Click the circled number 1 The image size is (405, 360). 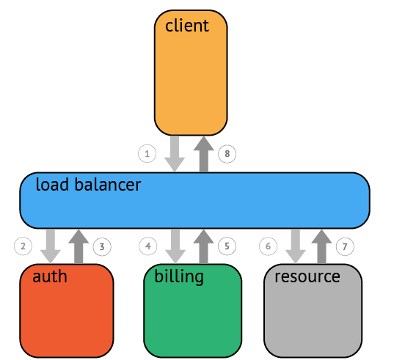tap(147, 154)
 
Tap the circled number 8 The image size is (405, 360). tap(227, 154)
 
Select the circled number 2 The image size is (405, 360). tap(23, 246)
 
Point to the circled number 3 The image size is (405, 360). tap(102, 247)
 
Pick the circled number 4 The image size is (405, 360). tap(148, 246)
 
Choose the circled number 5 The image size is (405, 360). tap(227, 246)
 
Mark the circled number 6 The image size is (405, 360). tap(268, 246)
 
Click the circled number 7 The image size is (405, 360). tap(345, 247)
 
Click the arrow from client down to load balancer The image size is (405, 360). tap(175, 154)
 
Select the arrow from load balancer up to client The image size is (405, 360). tap(204, 154)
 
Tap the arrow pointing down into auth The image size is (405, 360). tap(51, 246)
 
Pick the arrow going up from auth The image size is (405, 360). tap(79, 246)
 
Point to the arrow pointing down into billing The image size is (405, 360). tap(175, 246)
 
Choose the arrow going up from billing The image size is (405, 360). tap(203, 246)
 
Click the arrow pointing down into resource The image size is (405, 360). tap(296, 246)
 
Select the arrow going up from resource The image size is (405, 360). tap(321, 246)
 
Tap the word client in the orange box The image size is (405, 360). tap(187, 26)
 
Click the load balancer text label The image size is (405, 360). tap(88, 184)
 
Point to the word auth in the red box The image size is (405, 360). tap(50, 276)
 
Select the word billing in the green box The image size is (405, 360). tap(179, 277)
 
